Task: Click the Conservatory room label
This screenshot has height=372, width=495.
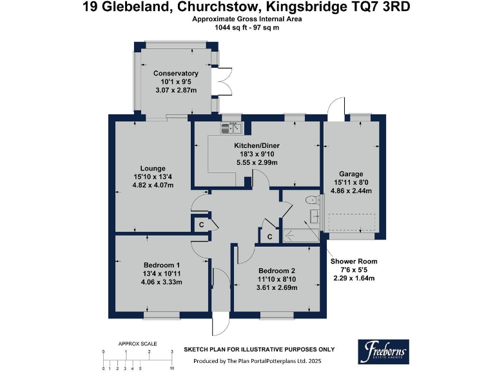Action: [x=175, y=74]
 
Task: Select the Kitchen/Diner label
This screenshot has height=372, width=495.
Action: [x=256, y=146]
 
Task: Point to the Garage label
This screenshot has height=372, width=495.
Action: [x=352, y=174]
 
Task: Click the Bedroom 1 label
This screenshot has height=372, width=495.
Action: [x=161, y=265]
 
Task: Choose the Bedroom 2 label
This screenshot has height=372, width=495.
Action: [x=277, y=270]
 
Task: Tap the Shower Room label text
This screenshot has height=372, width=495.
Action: [x=354, y=262]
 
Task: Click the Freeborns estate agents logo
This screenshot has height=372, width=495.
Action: [x=383, y=353]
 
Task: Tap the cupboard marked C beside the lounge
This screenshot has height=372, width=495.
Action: [x=201, y=224]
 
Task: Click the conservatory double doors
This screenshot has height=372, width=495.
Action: [x=223, y=82]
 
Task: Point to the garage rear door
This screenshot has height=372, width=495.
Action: [x=335, y=110]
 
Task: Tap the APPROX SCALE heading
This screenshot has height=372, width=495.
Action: [x=137, y=344]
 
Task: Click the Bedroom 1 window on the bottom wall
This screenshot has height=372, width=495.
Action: [x=161, y=315]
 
